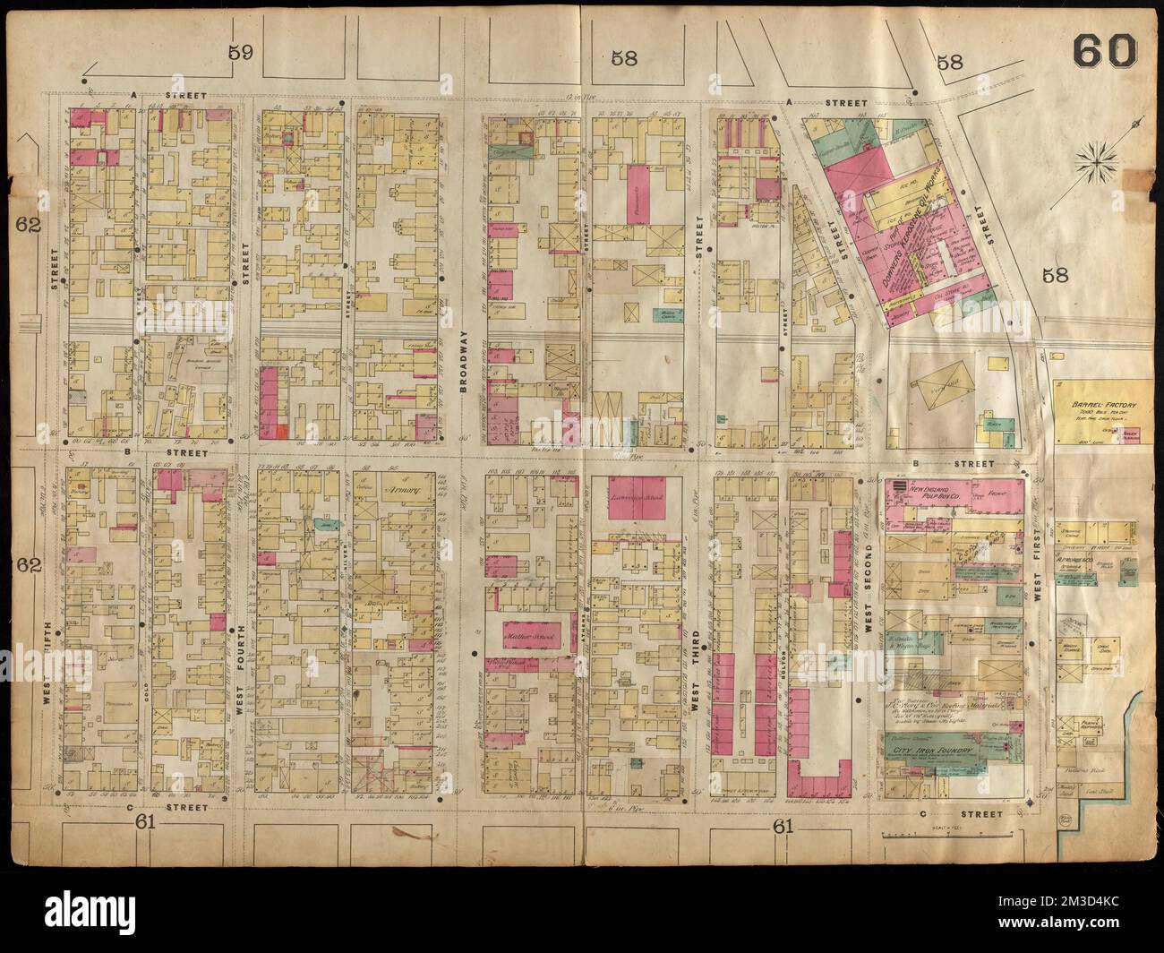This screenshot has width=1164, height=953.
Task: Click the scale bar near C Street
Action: click(x=949, y=834)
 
